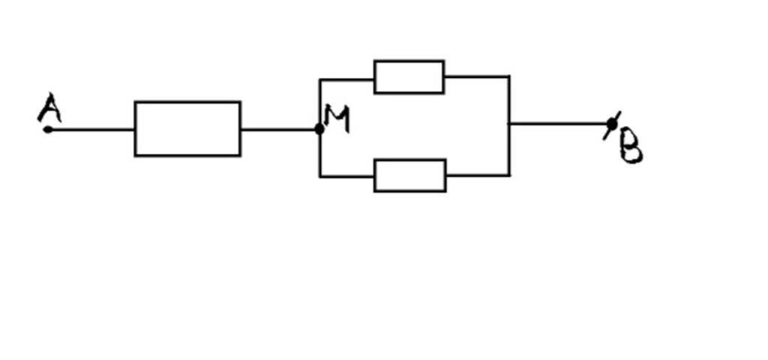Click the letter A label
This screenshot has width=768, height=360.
click(x=49, y=109)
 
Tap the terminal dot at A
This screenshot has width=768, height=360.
click(x=48, y=129)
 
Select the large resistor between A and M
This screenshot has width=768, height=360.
click(x=187, y=128)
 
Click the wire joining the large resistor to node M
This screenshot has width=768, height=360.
click(x=279, y=129)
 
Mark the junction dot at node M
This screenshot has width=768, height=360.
click(x=319, y=129)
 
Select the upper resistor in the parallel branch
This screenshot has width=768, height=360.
click(x=409, y=76)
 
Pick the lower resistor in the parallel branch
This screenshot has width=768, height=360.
click(x=410, y=175)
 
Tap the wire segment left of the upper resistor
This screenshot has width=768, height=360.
click(x=346, y=78)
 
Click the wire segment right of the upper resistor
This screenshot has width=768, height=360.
click(x=477, y=76)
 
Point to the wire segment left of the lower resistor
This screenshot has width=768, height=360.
click(x=346, y=176)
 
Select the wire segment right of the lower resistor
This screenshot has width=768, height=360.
click(x=478, y=175)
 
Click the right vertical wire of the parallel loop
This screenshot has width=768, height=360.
click(x=510, y=150)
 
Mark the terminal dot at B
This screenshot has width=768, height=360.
click(x=612, y=124)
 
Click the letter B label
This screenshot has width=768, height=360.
click(x=631, y=147)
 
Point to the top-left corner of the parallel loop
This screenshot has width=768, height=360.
click(x=320, y=79)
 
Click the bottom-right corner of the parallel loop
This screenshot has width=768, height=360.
click(x=510, y=175)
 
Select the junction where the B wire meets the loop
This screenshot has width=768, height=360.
click(x=510, y=123)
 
